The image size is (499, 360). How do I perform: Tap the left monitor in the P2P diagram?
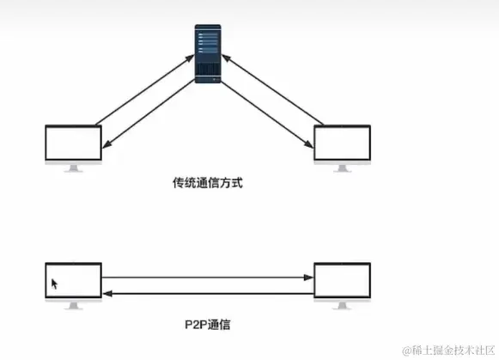pyautogui.click(x=73, y=281)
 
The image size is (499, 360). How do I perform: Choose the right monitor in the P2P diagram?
pyautogui.click(x=342, y=281)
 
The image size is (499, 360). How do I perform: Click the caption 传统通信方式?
pyautogui.click(x=203, y=183)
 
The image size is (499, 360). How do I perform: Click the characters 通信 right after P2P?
pyautogui.click(x=219, y=326)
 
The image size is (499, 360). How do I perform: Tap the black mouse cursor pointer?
pyautogui.click(x=55, y=284)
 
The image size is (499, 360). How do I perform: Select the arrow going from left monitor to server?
pyautogui.click(x=142, y=90)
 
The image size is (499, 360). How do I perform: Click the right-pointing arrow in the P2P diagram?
pyautogui.click(x=206, y=277)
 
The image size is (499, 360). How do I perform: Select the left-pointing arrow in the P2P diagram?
pyautogui.click(x=206, y=294)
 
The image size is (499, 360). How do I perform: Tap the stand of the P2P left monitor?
pyautogui.click(x=73, y=306)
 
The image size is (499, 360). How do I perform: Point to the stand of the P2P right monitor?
pyautogui.click(x=342, y=306)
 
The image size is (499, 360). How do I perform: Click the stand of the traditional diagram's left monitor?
pyautogui.click(x=73, y=168)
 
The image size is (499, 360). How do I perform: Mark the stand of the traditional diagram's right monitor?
pyautogui.click(x=342, y=168)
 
